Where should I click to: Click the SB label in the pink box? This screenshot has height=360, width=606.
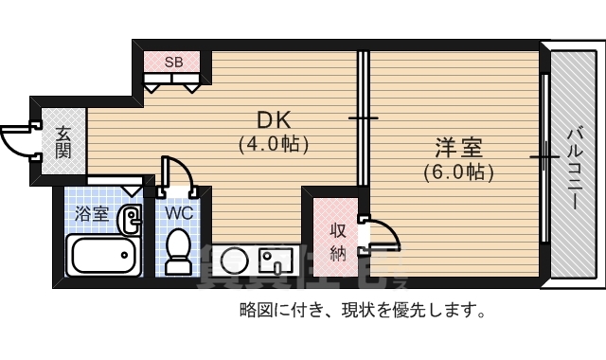coord(173,63)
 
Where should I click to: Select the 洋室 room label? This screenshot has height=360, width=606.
coord(459,149)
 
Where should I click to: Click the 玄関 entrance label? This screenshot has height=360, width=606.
coord(62,142)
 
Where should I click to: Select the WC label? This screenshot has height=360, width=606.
coord(179,213)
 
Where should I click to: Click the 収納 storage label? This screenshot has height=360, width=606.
coord(338,242)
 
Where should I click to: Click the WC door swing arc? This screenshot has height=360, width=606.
coord(181,175)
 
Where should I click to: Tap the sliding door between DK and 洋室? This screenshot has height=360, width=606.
coord(361,118)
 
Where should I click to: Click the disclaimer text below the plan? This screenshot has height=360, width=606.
coord(364,310)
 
